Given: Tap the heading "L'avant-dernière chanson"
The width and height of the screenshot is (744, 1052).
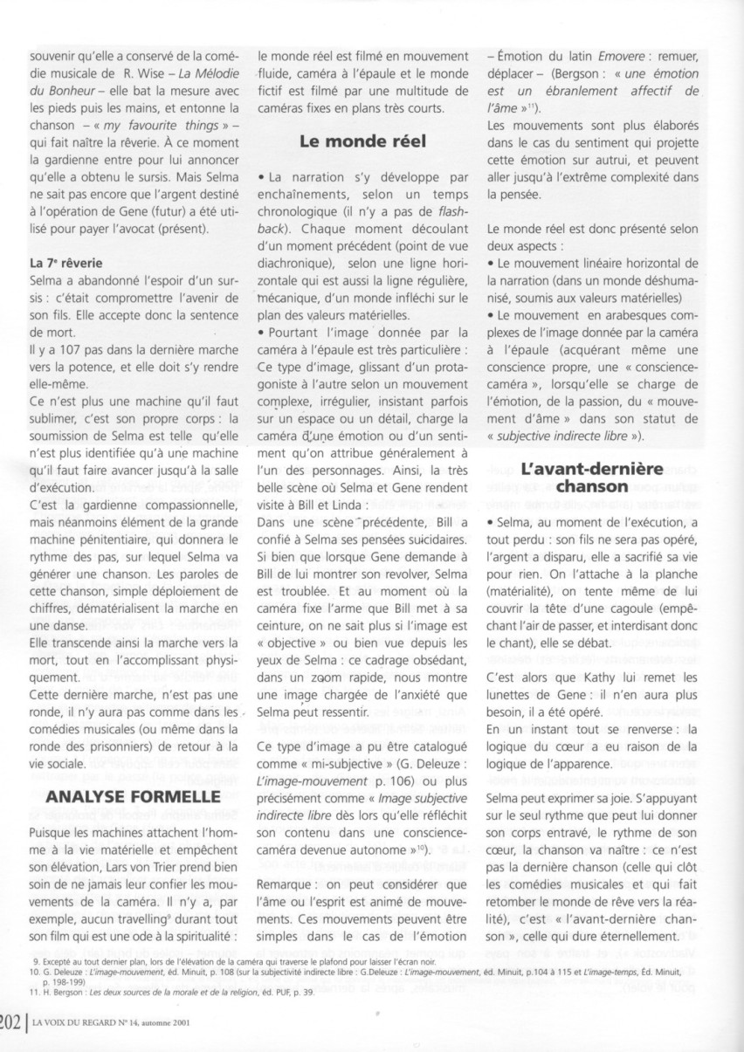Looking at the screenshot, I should (599, 477).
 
